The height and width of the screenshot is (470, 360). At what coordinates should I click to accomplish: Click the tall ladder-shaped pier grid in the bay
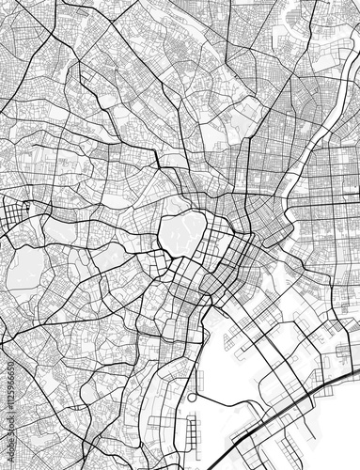point(193,432)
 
